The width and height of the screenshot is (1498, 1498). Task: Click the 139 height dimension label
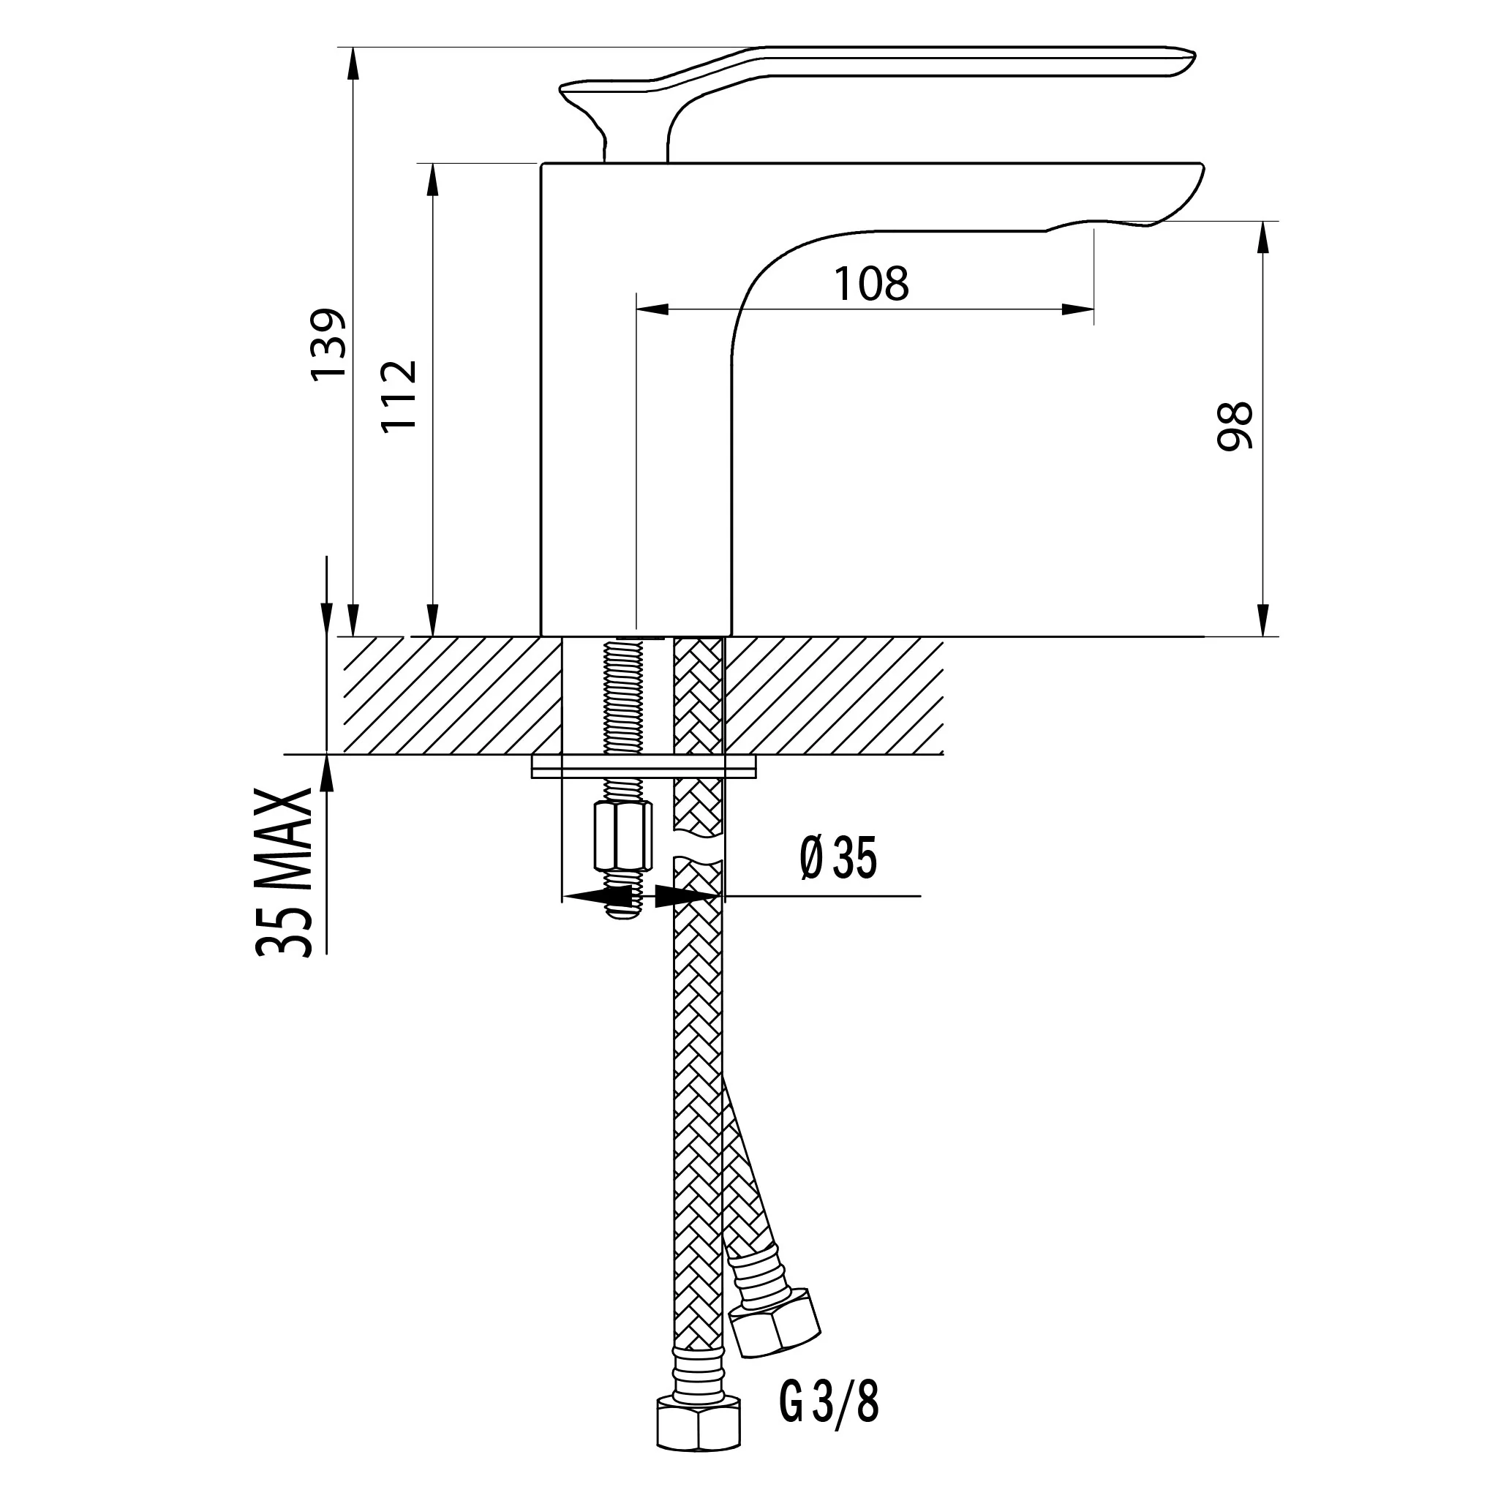327,343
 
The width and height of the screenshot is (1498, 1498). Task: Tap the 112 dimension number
399,395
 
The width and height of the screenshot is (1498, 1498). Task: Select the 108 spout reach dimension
870,284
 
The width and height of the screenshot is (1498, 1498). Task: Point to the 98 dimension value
1235,426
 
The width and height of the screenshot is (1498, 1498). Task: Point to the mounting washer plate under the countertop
643,767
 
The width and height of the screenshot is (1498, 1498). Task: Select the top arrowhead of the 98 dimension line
1265,236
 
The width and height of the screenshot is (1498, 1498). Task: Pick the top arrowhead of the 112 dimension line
433,179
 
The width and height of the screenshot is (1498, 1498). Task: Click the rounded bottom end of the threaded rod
625,913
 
